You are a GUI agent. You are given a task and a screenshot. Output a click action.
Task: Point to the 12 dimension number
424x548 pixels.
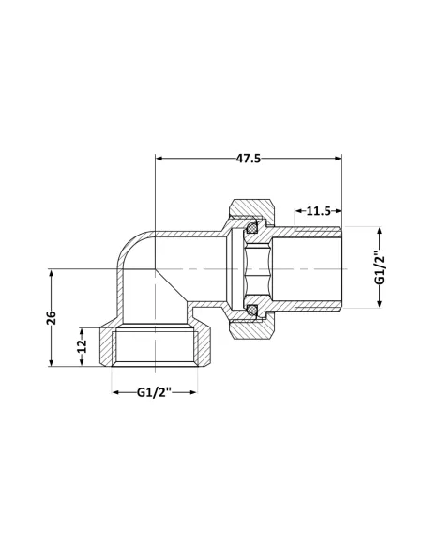82,347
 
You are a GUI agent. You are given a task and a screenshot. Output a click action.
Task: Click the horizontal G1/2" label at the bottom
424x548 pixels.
156,392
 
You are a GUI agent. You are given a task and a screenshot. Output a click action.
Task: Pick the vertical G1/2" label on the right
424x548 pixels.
380,267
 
